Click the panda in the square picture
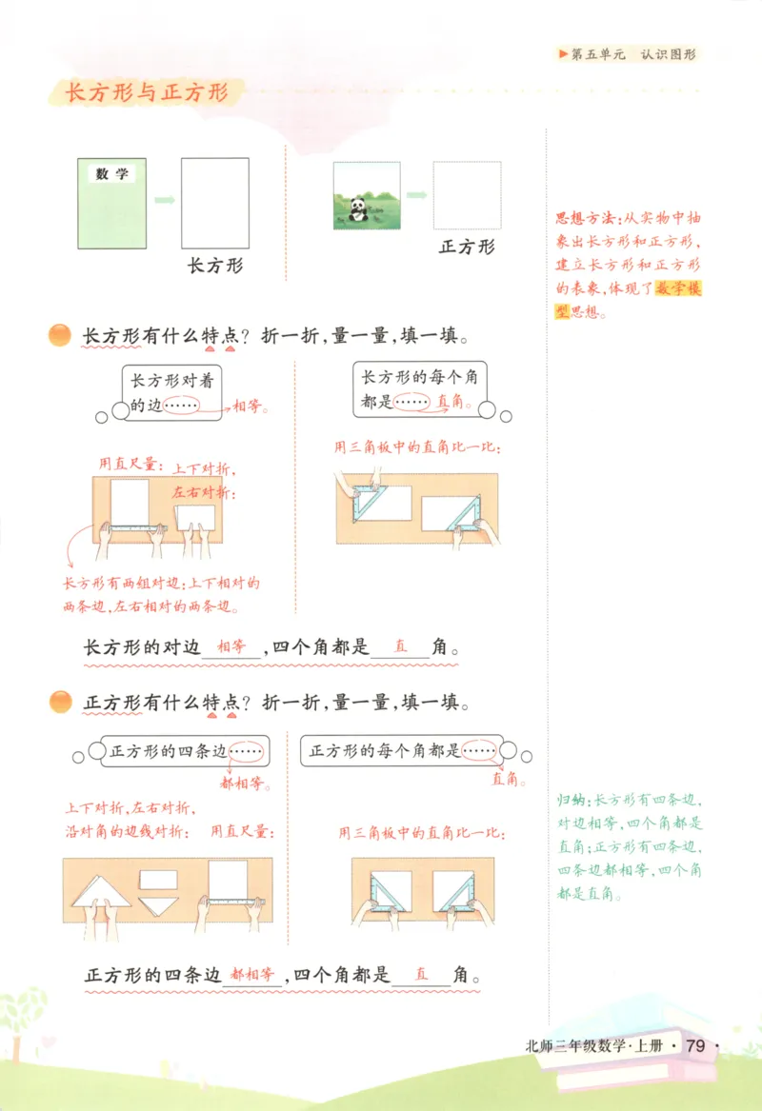point(359,208)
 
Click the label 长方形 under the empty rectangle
point(214,266)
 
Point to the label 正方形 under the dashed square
point(467,247)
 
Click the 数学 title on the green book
point(112,173)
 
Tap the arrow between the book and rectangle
point(164,201)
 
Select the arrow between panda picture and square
point(416,195)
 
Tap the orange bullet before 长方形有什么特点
point(59,335)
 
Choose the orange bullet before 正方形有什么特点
point(59,703)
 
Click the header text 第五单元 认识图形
point(632,54)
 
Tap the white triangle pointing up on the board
point(102,892)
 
